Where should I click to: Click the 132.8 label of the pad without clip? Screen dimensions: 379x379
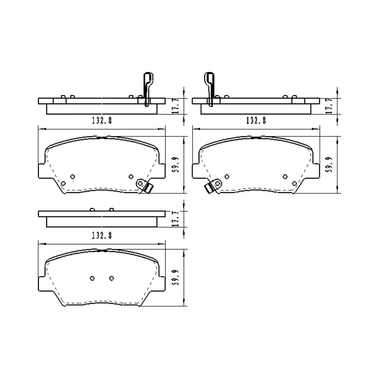102,235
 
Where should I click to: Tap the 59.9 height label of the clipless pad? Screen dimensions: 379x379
176,278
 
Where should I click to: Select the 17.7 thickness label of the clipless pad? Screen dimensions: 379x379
176,219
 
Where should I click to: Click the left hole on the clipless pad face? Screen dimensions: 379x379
92,279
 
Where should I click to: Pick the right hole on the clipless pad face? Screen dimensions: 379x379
111,279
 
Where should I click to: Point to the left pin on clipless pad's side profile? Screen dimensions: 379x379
92,209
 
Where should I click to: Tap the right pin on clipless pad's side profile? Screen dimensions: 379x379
111,209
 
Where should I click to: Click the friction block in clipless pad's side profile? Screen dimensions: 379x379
102,222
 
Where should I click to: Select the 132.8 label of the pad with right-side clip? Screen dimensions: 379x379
102,121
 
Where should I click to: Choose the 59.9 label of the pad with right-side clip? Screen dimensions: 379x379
176,164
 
